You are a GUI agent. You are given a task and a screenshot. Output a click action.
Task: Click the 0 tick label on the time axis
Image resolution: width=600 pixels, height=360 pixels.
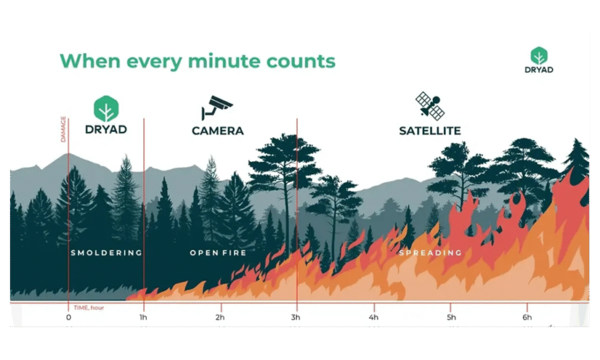[x=69, y=317]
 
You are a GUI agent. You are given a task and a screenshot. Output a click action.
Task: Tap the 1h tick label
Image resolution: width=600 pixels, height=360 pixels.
[x=143, y=317]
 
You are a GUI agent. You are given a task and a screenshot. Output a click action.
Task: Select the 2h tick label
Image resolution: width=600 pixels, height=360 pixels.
[x=220, y=317]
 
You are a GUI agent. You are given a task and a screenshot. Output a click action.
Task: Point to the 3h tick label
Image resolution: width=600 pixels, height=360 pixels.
[x=295, y=317]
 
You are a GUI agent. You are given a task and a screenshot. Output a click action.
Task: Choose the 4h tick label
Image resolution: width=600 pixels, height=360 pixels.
[x=373, y=317]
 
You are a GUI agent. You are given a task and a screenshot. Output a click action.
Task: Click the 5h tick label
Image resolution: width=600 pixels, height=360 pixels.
[x=451, y=317]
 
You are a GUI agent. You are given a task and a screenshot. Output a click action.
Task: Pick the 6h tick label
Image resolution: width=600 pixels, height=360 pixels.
[x=527, y=317]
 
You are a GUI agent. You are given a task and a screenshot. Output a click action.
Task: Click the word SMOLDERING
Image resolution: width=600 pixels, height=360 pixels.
[x=107, y=253]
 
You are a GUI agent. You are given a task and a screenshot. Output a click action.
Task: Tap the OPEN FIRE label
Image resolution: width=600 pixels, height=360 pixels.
[x=218, y=253]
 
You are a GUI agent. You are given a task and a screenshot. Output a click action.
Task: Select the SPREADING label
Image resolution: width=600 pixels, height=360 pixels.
[x=431, y=253]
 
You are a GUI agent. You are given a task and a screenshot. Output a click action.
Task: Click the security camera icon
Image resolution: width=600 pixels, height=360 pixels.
[x=217, y=108]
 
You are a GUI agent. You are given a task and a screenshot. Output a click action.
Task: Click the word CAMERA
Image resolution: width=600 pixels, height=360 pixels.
[x=218, y=131]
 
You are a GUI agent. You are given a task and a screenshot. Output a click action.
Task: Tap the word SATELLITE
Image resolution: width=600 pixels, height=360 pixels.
[x=430, y=131]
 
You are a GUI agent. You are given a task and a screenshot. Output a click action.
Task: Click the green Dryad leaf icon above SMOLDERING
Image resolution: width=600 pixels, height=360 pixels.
[x=106, y=108]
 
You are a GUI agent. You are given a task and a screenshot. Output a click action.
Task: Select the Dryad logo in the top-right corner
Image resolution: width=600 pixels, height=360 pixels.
[x=539, y=60]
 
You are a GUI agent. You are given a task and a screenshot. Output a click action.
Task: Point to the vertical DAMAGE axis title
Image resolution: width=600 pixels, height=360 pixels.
[x=63, y=129]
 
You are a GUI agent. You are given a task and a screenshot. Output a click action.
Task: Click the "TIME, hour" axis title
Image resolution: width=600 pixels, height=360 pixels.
[x=89, y=308]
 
